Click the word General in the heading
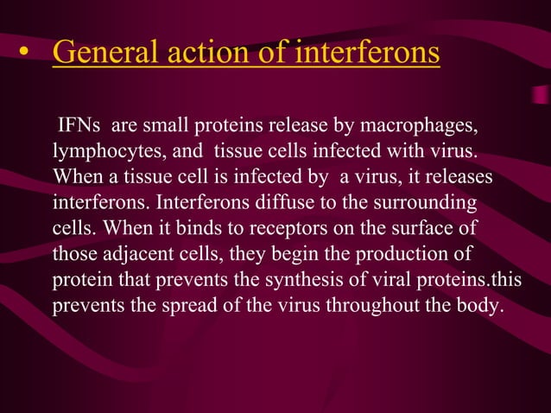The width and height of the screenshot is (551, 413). [x=97, y=52]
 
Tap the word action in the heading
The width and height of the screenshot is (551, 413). [x=190, y=52]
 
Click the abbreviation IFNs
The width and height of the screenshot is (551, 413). [x=79, y=129]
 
